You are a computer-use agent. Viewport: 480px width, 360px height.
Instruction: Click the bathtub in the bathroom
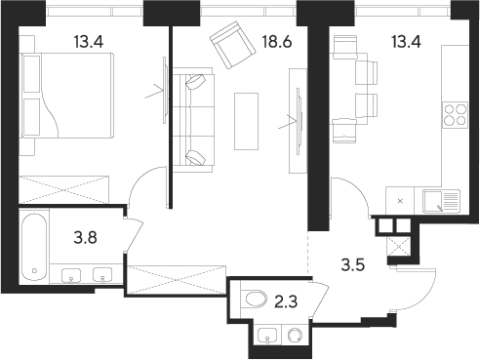(37, 245)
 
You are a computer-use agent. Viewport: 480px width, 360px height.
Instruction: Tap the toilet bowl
(256, 300)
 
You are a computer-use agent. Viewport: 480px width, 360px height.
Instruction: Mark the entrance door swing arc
(421, 293)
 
